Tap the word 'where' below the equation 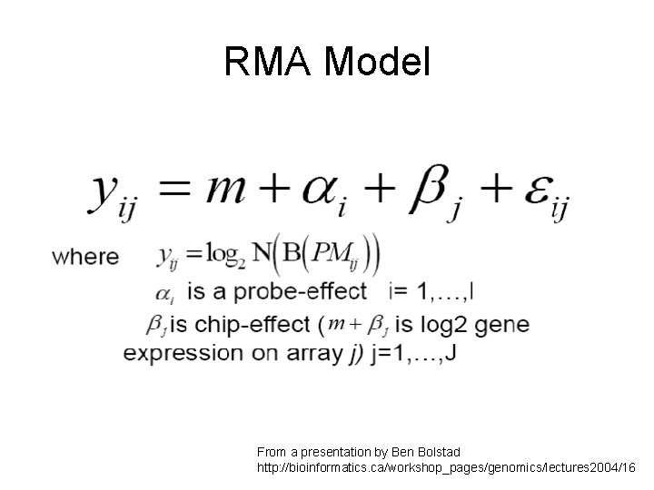click(x=86, y=256)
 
